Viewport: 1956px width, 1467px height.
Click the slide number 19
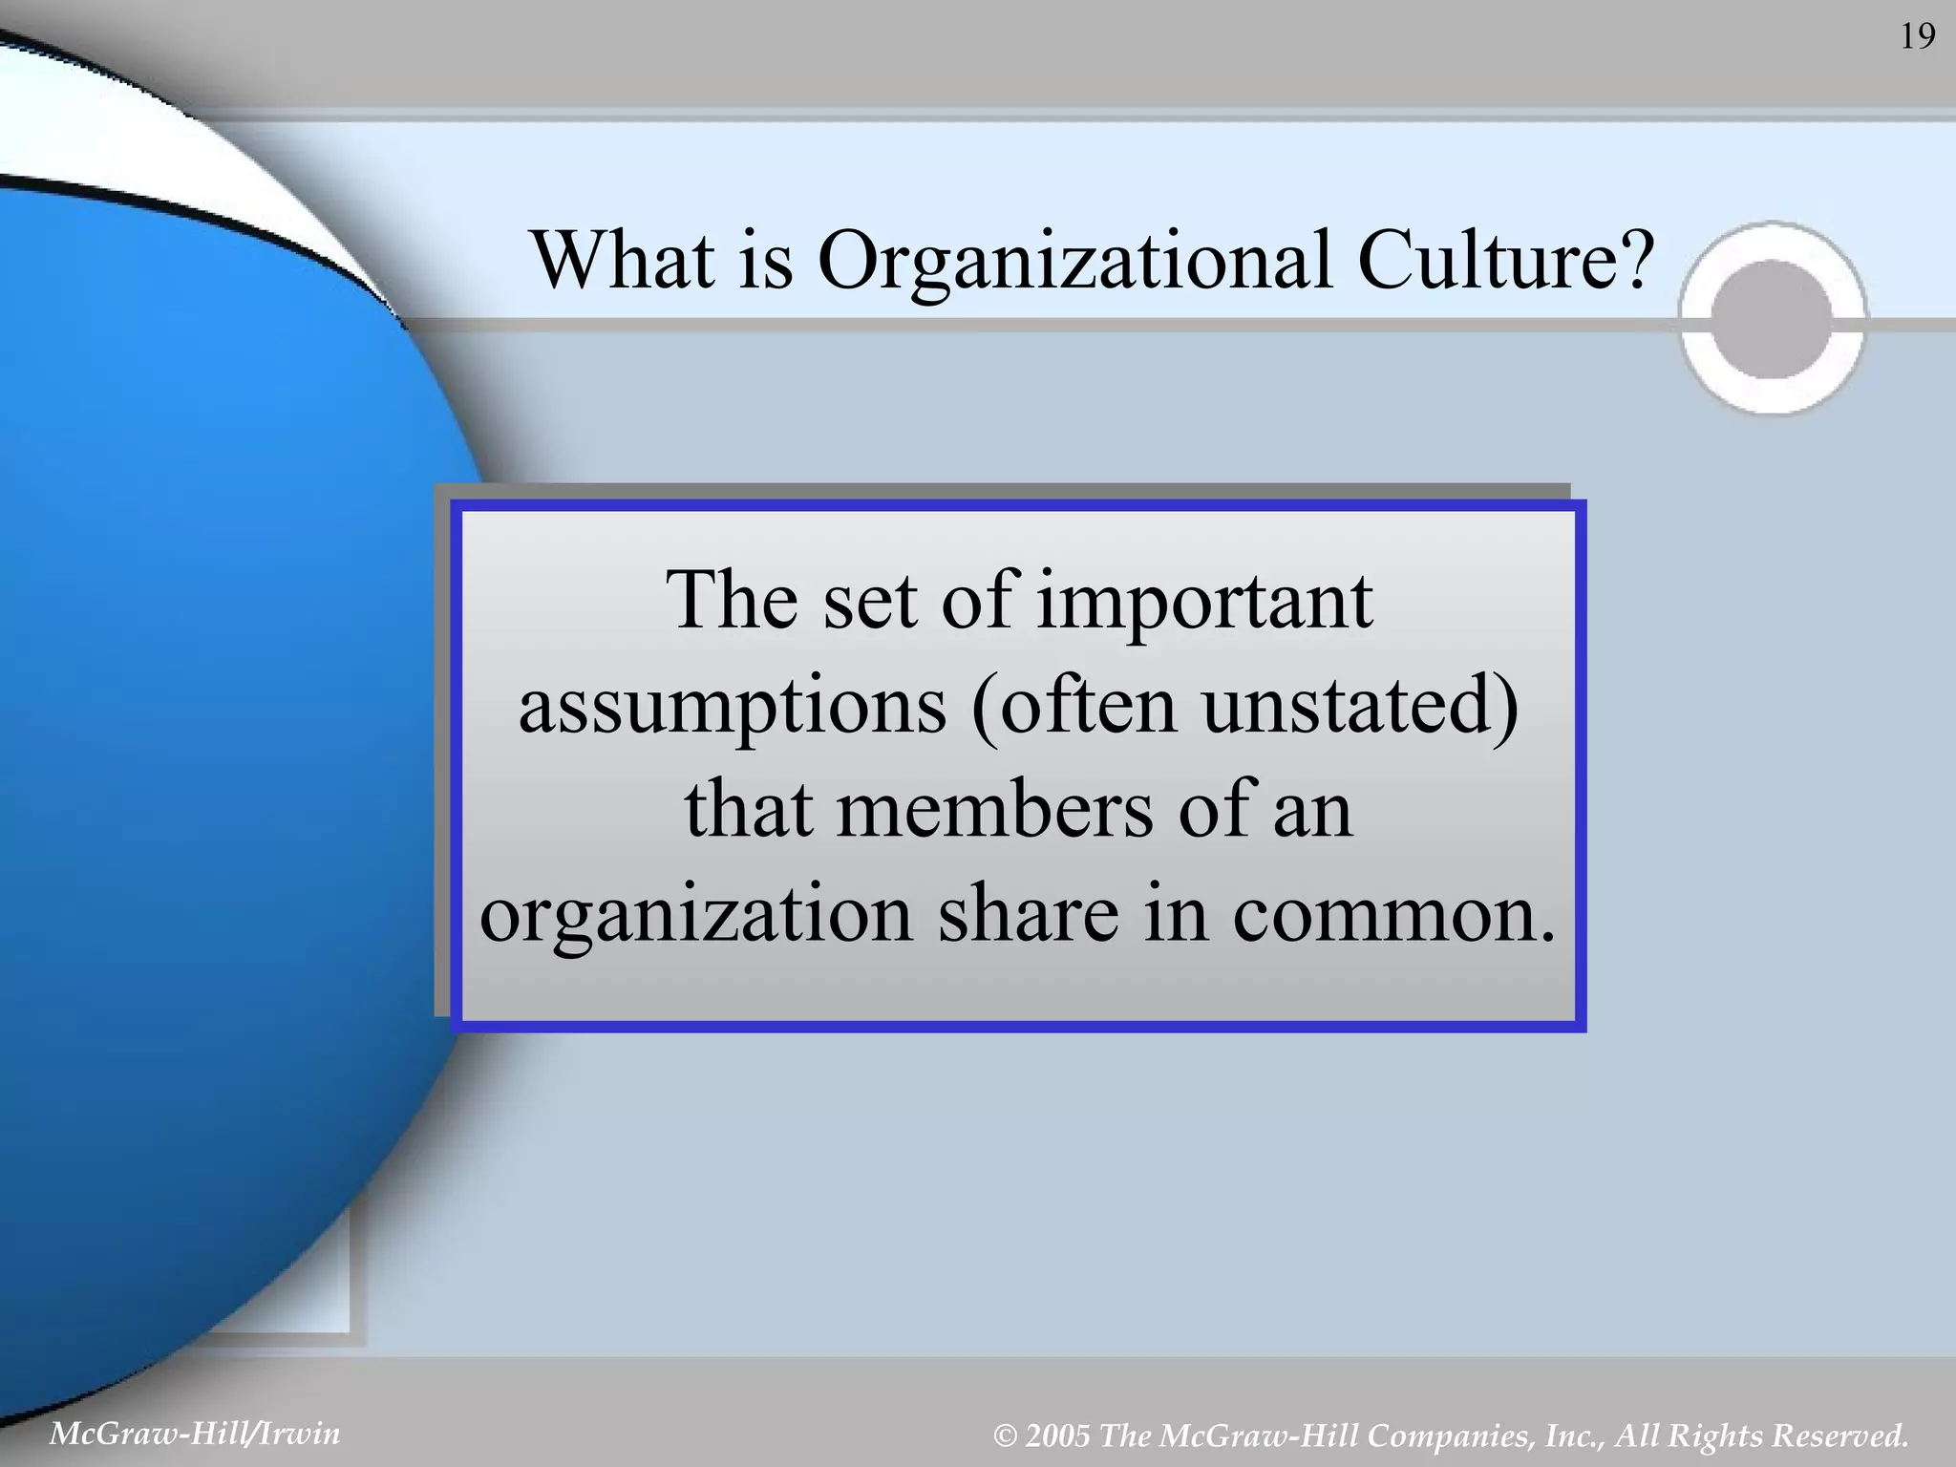click(1917, 36)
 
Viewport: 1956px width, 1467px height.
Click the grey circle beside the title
click(1772, 318)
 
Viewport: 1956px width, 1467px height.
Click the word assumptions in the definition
click(733, 709)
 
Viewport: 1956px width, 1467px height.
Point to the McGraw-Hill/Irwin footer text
click(194, 1434)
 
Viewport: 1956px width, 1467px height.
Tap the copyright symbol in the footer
click(1005, 1436)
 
